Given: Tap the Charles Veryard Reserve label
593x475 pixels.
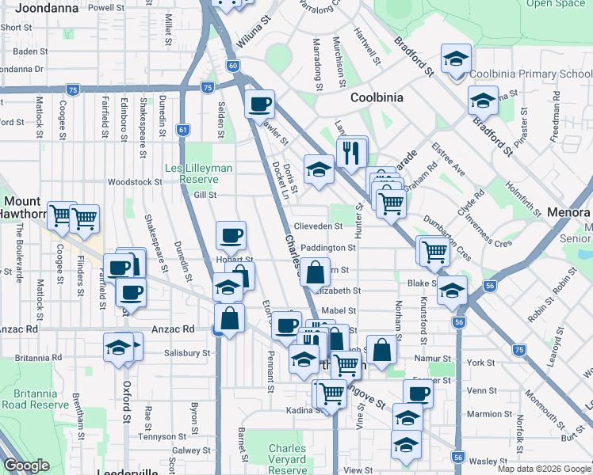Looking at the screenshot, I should point(287,459).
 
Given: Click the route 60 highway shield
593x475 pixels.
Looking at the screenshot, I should point(231,66).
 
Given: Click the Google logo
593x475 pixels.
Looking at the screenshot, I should point(25,465).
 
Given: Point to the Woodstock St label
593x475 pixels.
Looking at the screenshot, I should point(136,181).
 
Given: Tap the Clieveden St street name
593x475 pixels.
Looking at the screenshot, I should point(318,226).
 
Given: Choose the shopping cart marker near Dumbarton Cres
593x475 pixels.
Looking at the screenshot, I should point(434,251).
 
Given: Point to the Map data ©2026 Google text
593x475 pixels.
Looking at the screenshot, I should point(543,469).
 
